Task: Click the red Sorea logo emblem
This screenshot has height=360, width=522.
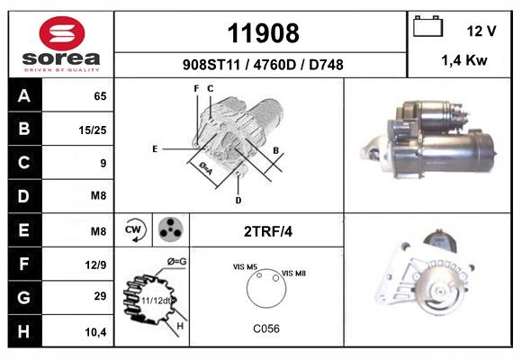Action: point(62,33)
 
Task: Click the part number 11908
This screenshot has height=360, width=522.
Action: point(263,33)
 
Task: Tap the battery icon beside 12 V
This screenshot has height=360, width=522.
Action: point(427,26)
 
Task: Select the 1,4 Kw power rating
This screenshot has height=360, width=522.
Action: point(464,60)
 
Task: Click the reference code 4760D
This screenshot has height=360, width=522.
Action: point(274,65)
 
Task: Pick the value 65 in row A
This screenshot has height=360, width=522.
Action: point(100,96)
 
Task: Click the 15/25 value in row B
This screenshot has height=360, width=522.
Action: point(93,130)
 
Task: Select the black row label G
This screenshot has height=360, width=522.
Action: point(24,298)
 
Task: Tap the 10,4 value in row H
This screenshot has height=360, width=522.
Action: point(95,332)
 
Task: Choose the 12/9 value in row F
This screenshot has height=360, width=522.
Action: point(95,265)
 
